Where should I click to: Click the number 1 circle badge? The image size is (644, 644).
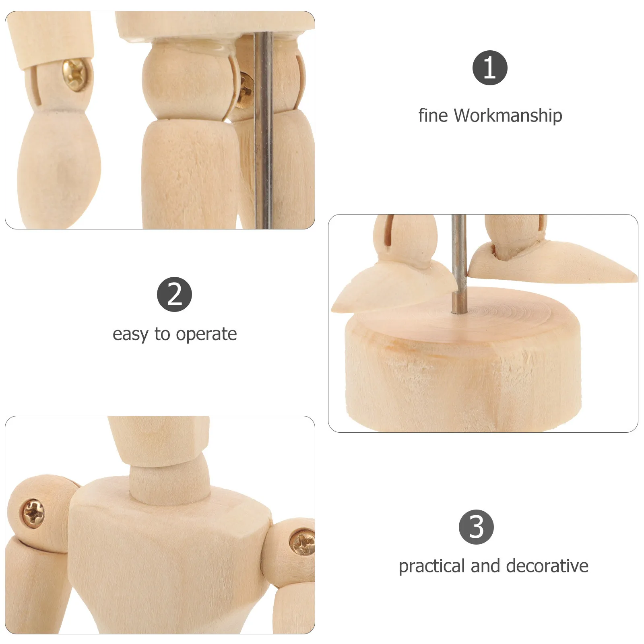489,68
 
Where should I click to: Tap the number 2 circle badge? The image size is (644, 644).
174,294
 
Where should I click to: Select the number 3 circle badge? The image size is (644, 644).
476,527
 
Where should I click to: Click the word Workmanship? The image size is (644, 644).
508,116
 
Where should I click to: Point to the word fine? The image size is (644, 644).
433,116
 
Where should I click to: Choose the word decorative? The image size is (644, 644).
547,566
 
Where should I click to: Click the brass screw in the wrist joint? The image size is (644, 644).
76,74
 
